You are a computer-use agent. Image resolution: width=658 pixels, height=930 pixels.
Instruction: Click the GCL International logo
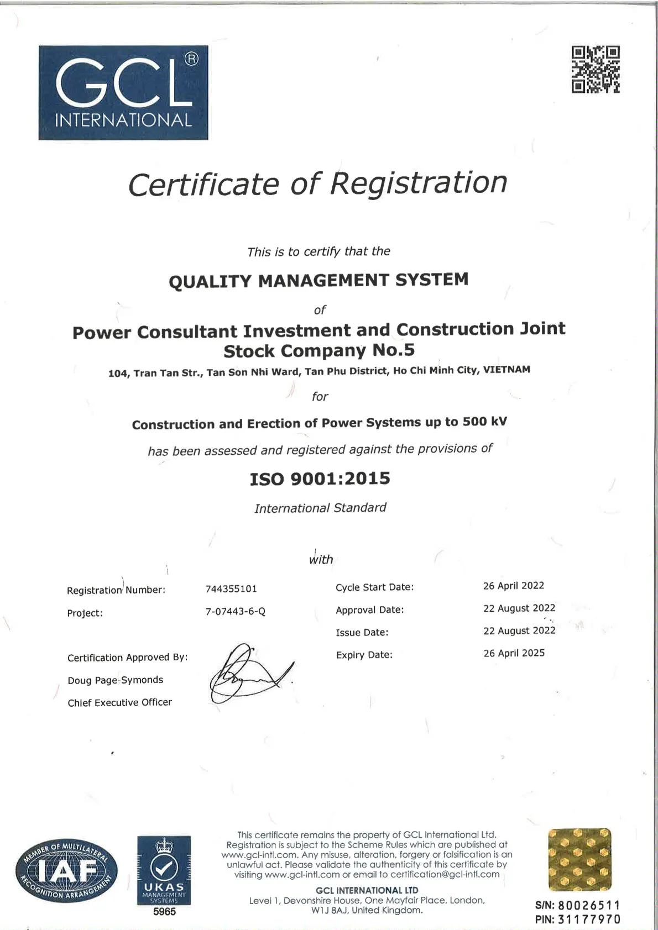(x=123, y=92)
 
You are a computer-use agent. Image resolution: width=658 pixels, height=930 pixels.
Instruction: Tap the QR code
(x=596, y=69)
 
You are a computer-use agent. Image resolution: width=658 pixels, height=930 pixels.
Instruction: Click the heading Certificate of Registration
(x=318, y=183)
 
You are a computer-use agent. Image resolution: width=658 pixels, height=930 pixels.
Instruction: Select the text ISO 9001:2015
(x=320, y=479)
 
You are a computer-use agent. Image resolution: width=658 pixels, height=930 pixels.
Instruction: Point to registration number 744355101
(x=231, y=589)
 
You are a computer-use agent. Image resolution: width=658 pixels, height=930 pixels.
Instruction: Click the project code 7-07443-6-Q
(x=236, y=612)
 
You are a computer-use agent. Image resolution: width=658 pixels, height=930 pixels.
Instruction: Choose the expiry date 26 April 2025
(x=514, y=653)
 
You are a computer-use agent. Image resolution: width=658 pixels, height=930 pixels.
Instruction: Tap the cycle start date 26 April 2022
(x=514, y=586)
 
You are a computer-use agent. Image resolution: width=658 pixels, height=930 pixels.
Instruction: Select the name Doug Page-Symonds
(x=115, y=680)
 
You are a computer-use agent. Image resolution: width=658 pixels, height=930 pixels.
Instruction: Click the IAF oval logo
(x=66, y=871)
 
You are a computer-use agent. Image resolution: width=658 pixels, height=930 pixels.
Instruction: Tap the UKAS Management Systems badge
(x=164, y=870)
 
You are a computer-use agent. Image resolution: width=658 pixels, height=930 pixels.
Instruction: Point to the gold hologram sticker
(x=579, y=860)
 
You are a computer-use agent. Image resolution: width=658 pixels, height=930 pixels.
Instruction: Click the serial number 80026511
(x=589, y=906)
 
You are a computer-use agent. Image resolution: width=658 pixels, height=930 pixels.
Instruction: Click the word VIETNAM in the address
(x=506, y=370)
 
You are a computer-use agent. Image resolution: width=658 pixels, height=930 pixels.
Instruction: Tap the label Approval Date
(x=370, y=610)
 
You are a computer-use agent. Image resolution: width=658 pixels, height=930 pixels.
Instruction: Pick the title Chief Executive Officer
(x=119, y=703)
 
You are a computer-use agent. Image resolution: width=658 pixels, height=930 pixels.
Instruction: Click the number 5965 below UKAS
(x=164, y=912)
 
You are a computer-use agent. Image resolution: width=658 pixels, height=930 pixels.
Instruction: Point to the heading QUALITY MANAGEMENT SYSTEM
(x=318, y=281)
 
